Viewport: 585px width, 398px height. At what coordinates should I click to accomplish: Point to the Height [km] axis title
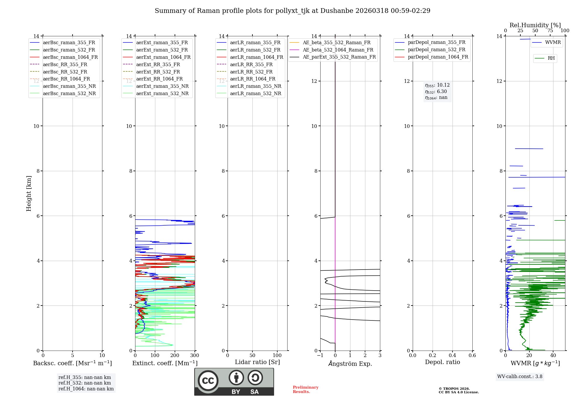pos(29,193)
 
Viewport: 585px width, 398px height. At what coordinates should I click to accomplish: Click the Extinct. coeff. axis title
pos(165,363)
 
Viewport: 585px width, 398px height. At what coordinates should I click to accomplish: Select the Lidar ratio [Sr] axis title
pos(257,362)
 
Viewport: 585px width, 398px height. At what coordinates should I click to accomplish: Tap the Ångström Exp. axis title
pos(350,363)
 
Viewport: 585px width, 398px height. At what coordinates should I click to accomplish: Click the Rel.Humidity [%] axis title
pos(535,25)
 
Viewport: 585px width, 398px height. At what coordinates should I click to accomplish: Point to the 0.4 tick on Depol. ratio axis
pos(452,356)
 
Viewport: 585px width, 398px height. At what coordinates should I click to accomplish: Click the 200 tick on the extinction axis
pos(175,356)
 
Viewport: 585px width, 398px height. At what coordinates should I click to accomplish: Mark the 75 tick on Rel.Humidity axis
pos(550,31)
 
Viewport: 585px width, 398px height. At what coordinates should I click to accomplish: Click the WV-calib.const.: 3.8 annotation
pos(520,377)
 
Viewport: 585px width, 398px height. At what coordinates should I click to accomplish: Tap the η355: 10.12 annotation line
pos(437,85)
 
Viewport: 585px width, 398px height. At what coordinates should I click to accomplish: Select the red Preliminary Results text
pos(305,390)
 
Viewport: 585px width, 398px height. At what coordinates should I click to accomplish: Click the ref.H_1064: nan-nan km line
pos(86,389)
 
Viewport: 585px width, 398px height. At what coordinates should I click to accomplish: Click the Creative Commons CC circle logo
pos(208,380)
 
